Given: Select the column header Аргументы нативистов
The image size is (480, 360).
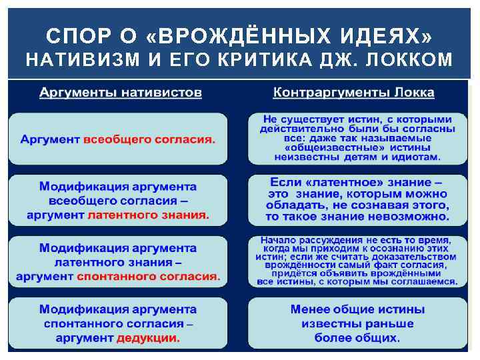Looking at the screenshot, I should (x=120, y=93).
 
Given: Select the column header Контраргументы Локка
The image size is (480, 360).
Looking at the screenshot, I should (x=353, y=93).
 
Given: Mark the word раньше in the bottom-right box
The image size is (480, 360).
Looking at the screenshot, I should (x=389, y=323).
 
